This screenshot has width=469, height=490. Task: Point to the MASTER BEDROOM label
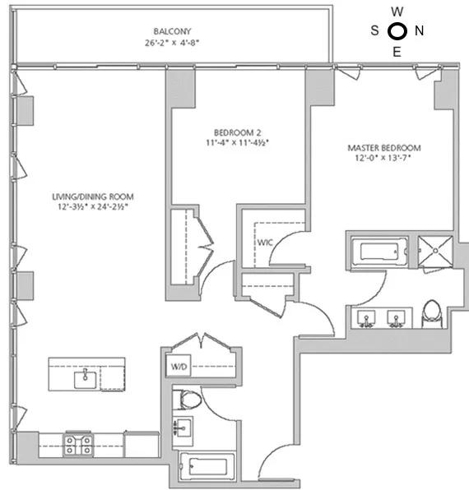383,148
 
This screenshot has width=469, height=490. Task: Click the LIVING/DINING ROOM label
92,196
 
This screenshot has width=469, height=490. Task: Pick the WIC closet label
265,243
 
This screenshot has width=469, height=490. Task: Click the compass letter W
397,12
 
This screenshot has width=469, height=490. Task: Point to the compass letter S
375,32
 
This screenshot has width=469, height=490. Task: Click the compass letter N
420,32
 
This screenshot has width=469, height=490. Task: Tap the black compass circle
397,32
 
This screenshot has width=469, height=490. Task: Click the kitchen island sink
86,379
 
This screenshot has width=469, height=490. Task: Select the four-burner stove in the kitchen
79,445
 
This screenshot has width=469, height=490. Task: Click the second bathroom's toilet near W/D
188,400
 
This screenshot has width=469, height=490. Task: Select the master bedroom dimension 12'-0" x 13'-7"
383,159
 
